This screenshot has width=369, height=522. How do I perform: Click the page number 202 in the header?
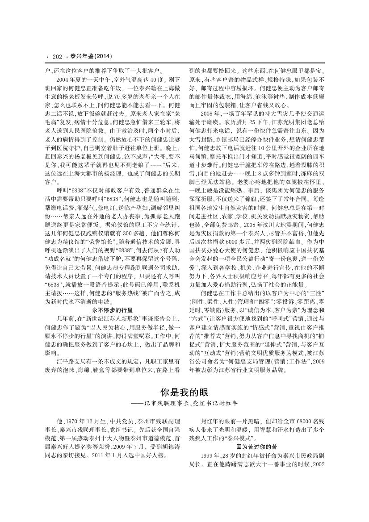(x=57, y=56)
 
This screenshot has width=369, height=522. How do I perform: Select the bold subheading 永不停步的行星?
(x=112, y=309)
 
